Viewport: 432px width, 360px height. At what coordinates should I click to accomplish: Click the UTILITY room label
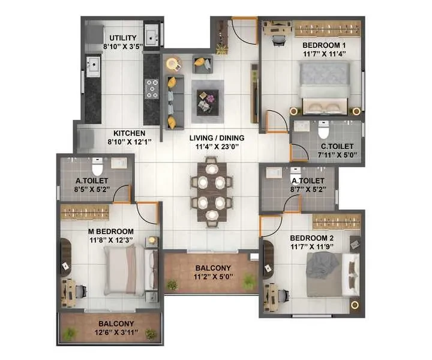[123, 38]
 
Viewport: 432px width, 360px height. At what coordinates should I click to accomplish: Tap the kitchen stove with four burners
[152, 89]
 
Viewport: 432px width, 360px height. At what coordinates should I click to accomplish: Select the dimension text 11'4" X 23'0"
[217, 146]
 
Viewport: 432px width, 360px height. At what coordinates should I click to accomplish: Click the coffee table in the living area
[208, 101]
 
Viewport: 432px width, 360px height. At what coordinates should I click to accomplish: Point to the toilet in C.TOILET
[323, 130]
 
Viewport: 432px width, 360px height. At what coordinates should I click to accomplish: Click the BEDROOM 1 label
[324, 45]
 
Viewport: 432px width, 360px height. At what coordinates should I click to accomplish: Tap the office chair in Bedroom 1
[278, 40]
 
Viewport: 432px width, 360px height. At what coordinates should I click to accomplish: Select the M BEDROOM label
[111, 232]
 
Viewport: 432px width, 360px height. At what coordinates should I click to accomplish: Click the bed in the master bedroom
[131, 271]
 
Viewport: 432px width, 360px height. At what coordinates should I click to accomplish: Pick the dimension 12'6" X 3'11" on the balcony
[116, 332]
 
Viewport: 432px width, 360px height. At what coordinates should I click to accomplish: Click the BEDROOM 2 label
[312, 238]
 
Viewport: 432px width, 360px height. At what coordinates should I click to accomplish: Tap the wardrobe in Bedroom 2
[337, 221]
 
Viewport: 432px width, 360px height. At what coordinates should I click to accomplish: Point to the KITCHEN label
[129, 133]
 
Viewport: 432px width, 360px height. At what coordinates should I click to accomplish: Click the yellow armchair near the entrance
[203, 64]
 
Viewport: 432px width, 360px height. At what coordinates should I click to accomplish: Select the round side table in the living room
[173, 64]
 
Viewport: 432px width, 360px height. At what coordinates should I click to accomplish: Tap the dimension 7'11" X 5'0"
[337, 155]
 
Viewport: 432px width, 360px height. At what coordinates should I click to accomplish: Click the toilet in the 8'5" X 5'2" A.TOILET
[97, 167]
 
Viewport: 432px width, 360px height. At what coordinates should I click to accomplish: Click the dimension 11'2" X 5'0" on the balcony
[213, 277]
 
